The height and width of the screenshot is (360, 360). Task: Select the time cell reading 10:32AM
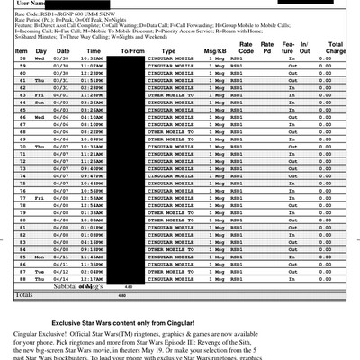(91, 58)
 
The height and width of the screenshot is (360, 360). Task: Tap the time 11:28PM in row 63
(91, 94)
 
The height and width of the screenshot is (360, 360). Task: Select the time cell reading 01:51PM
(91, 80)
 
